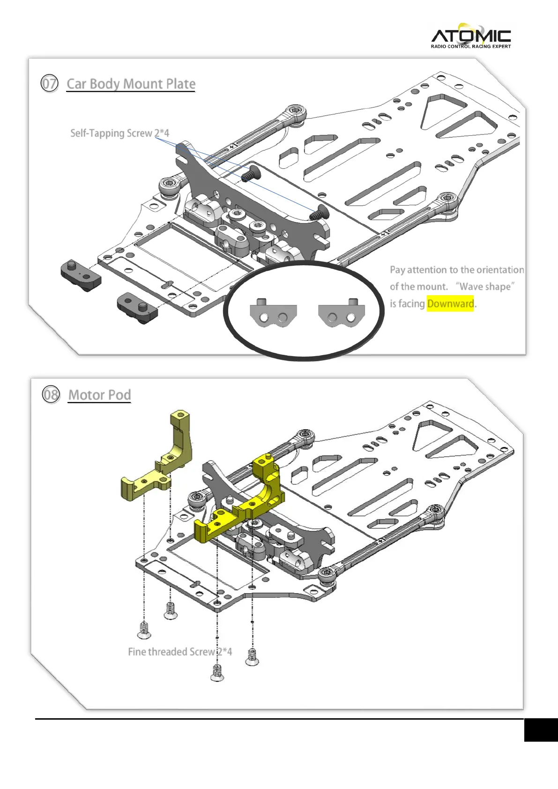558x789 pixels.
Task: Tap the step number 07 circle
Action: point(49,84)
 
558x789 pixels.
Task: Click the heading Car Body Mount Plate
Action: point(131,84)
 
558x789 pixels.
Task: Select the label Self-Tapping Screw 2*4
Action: point(119,133)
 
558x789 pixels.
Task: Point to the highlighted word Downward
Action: point(450,304)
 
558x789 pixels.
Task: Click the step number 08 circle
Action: point(51,394)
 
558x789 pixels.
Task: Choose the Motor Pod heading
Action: point(99,395)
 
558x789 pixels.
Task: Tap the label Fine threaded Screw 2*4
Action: point(179,652)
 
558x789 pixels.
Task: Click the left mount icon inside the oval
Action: point(273,313)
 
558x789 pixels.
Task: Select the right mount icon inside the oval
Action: point(341,313)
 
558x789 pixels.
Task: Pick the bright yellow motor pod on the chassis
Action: point(241,506)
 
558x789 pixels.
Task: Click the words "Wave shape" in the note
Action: point(485,287)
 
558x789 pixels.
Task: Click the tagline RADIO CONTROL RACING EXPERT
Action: point(470,46)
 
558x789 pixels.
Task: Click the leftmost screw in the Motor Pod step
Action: point(144,630)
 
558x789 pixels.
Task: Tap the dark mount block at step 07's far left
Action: point(81,275)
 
